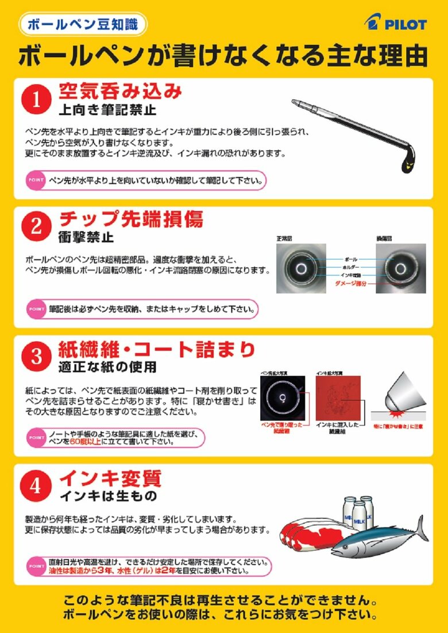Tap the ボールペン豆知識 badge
83,24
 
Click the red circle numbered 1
36,100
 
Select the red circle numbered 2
36,226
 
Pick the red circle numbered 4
36,486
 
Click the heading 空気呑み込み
121,91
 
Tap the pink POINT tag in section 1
35,180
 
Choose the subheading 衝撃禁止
86,237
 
